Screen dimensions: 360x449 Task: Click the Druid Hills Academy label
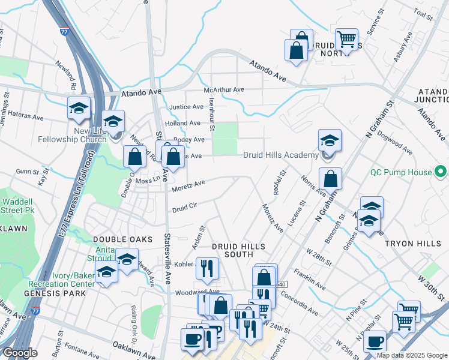click(280, 155)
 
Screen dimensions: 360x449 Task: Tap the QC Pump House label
click(410, 172)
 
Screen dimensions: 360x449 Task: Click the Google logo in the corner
click(20, 353)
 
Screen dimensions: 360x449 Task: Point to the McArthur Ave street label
click(224, 90)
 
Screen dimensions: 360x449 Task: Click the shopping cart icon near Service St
click(346, 40)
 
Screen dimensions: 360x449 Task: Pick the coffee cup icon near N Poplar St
click(375, 343)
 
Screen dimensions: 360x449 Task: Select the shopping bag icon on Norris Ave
click(330, 179)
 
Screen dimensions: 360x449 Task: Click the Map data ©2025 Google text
click(412, 355)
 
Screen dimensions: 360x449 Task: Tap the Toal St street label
click(423, 14)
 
